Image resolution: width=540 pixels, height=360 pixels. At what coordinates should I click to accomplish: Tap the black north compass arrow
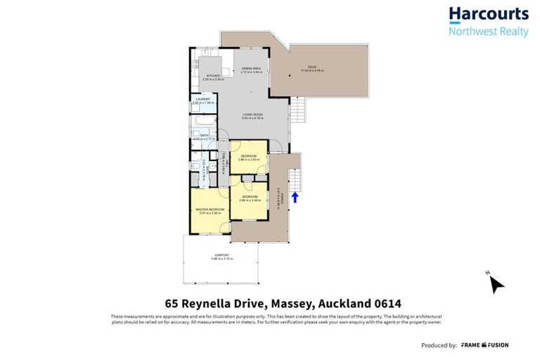point(496,283)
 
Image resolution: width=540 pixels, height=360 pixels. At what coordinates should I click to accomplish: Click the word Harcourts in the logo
point(488,14)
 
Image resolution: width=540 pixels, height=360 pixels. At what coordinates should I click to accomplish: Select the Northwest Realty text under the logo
point(488,31)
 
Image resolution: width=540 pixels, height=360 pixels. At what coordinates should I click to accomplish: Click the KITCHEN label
point(212,75)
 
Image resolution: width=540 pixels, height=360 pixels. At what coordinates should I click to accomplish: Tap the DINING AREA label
point(251,69)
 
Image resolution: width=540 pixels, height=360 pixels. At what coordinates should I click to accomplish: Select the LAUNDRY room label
point(202,99)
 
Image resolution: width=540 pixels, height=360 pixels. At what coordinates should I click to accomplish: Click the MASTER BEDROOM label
point(210,209)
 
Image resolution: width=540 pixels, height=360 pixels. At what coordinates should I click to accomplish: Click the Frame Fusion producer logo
point(484,345)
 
